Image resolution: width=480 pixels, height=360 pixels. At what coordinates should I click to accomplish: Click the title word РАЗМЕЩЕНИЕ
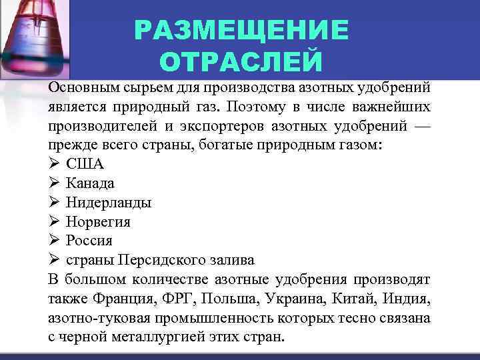click(241, 30)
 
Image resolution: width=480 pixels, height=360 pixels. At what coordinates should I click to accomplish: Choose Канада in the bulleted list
click(90, 183)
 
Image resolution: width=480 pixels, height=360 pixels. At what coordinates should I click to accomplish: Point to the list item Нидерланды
click(109, 202)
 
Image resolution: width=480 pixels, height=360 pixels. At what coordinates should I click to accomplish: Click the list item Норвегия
click(98, 221)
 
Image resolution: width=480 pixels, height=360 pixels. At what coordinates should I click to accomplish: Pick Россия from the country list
click(89, 241)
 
